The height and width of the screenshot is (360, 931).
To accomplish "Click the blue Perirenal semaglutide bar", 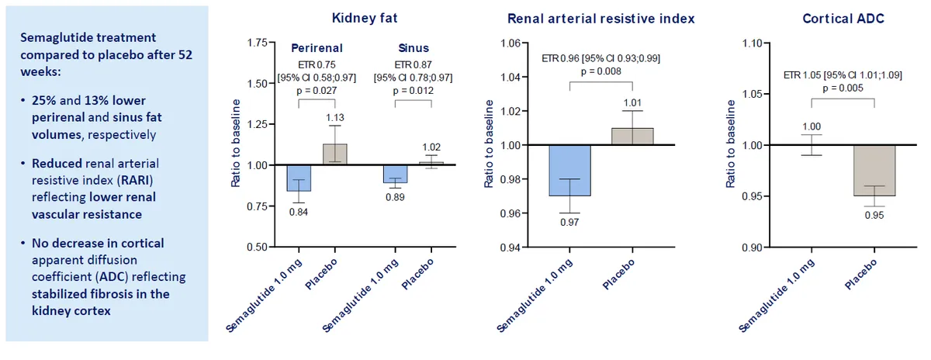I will [x=299, y=178].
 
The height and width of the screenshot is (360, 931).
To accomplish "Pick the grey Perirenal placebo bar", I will [x=334, y=154].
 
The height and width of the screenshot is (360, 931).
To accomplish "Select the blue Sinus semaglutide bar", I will [x=395, y=174].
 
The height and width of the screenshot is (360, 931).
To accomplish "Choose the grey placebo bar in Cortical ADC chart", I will [x=875, y=170].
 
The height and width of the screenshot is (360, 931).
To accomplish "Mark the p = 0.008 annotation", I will [x=601, y=71].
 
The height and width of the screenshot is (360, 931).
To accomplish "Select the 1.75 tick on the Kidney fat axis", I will [x=255, y=43].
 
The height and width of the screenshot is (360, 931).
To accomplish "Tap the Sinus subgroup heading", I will [x=412, y=47].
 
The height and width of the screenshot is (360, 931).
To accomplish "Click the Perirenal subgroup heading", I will [x=317, y=47].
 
